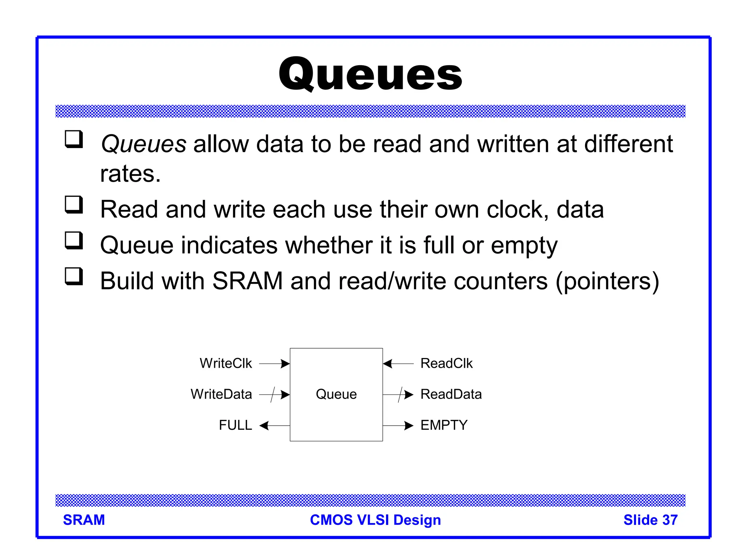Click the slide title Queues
coord(370,74)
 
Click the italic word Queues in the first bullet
coord(143,144)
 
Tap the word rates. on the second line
coord(130,174)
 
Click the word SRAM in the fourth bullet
coord(247,281)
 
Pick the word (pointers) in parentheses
coord(607,282)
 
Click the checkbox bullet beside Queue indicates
coord(74,240)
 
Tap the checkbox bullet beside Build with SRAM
coord(74,276)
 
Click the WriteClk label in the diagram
coord(226,363)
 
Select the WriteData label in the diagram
coord(221,394)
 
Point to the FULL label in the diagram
coord(235,425)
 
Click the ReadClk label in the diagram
coord(446,363)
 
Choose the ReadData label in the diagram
coord(451,394)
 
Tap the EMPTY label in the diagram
coord(444,425)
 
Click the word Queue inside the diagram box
coord(336,394)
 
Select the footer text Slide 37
coord(650,520)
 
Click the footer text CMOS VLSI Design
coord(375,520)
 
